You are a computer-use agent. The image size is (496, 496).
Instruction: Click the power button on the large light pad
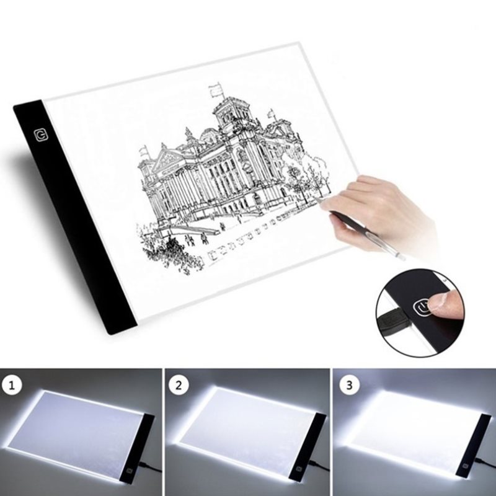pos(41,135)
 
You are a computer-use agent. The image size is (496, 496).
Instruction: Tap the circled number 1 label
pos(12,386)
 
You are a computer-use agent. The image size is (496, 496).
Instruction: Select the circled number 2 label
pos(179,386)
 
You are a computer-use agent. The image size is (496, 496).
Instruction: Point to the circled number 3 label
pos(349,386)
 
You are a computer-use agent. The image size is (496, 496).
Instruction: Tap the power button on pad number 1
pos(130,471)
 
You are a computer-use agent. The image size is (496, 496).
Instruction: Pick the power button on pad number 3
pos(465,466)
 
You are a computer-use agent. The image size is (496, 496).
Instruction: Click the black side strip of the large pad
pos(74,216)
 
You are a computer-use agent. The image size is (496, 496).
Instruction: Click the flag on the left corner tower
pos(144,151)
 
